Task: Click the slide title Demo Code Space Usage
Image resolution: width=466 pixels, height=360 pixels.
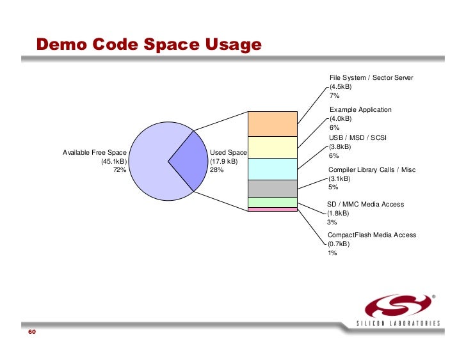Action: click(149, 45)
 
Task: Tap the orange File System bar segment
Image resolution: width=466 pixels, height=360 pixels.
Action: click(272, 123)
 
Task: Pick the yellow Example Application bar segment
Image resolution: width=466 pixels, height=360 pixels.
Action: click(272, 147)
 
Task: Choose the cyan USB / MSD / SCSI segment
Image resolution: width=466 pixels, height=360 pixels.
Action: click(272, 169)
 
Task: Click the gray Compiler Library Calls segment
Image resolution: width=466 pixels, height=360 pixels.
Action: click(272, 189)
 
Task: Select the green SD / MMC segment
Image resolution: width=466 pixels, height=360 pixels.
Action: click(272, 202)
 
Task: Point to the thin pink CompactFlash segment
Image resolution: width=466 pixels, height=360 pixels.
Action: click(272, 209)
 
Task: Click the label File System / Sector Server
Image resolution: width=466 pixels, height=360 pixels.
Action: click(371, 77)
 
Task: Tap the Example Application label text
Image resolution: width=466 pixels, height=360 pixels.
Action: click(360, 110)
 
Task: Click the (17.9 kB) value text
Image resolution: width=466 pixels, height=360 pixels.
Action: click(224, 161)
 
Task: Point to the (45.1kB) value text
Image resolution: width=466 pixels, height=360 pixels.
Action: click(113, 161)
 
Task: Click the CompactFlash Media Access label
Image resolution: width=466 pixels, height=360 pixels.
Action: click(371, 235)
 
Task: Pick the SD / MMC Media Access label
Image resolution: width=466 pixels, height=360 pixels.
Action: click(366, 205)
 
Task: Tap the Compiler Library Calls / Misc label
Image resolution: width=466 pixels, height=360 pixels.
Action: click(371, 169)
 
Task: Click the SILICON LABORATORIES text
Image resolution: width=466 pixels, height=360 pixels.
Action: click(398, 324)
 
